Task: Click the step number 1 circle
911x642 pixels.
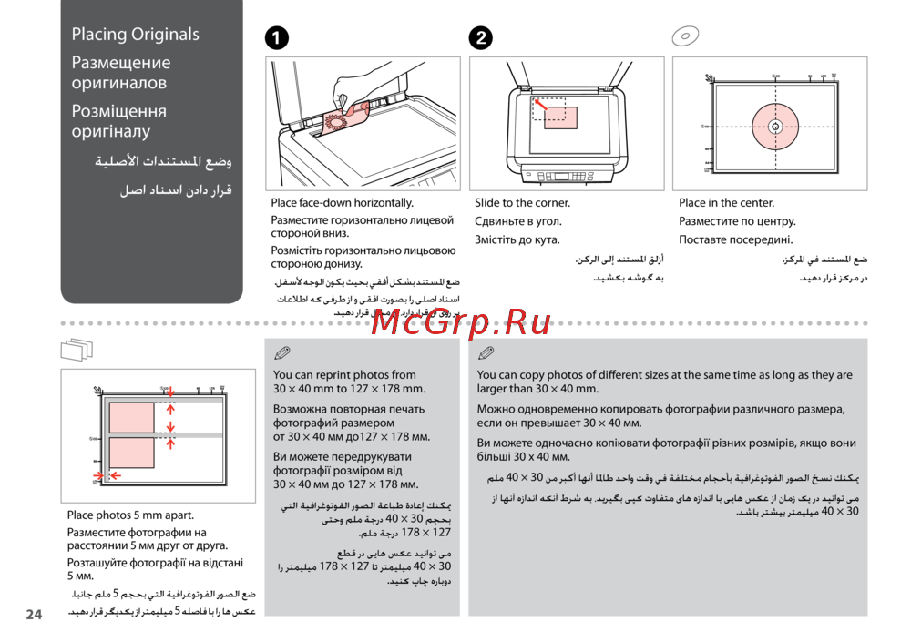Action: (x=277, y=37)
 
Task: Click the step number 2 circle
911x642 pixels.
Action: (x=480, y=37)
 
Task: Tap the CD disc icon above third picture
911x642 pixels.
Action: (x=684, y=36)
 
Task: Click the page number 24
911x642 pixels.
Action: (x=34, y=615)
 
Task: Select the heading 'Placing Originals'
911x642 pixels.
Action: (x=136, y=35)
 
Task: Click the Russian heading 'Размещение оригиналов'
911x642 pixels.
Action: (x=121, y=73)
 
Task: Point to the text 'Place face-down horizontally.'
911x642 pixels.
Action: (x=342, y=203)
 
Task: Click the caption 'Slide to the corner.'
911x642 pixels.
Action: (x=522, y=203)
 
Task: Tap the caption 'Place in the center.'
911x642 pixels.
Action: (x=726, y=203)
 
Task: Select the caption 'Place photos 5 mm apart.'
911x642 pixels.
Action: (x=130, y=515)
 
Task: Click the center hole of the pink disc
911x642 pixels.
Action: (x=774, y=127)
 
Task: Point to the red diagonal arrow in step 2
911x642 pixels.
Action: (x=540, y=107)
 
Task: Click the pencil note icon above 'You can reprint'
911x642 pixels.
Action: (x=281, y=352)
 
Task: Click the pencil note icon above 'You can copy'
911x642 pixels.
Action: (x=486, y=352)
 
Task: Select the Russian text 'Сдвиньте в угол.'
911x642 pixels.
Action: (x=518, y=221)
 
